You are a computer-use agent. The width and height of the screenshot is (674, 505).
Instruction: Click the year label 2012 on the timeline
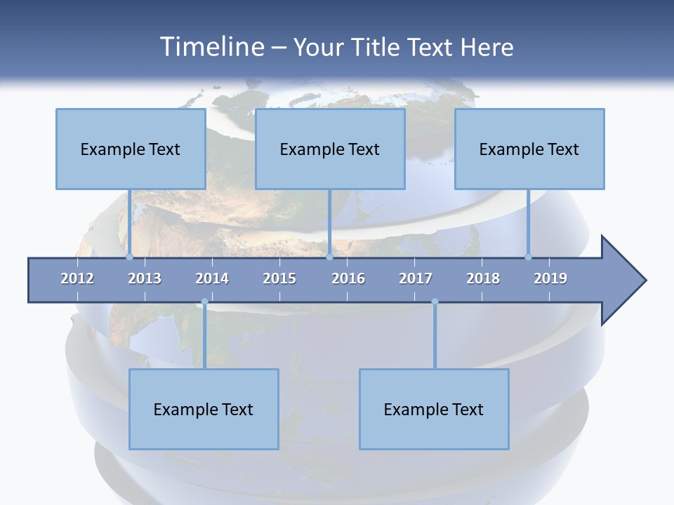[77, 278]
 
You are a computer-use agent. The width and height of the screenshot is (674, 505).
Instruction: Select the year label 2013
[145, 278]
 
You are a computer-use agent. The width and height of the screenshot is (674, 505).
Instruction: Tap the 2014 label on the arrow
[212, 278]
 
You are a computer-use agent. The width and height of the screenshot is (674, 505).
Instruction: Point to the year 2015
[279, 278]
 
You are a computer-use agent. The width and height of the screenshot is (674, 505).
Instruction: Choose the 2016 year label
[348, 278]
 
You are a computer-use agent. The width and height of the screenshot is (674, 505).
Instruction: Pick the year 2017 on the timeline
[416, 278]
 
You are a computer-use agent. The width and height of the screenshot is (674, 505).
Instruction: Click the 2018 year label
[483, 278]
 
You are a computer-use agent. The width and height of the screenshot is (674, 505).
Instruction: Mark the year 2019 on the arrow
[550, 278]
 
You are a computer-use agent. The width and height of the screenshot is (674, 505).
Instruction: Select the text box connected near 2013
[131, 149]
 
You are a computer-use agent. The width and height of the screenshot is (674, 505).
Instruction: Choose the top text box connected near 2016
[330, 149]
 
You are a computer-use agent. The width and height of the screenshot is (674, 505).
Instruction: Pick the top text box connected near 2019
[529, 149]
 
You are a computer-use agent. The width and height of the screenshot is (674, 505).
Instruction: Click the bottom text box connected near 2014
[204, 409]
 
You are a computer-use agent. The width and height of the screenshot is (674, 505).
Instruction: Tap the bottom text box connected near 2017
[434, 409]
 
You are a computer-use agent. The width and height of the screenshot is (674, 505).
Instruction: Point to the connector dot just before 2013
[130, 257]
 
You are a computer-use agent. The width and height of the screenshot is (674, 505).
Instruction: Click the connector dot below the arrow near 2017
[435, 302]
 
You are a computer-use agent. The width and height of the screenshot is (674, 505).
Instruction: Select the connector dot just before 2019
[528, 257]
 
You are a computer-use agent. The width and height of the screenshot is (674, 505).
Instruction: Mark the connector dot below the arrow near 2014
[204, 302]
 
